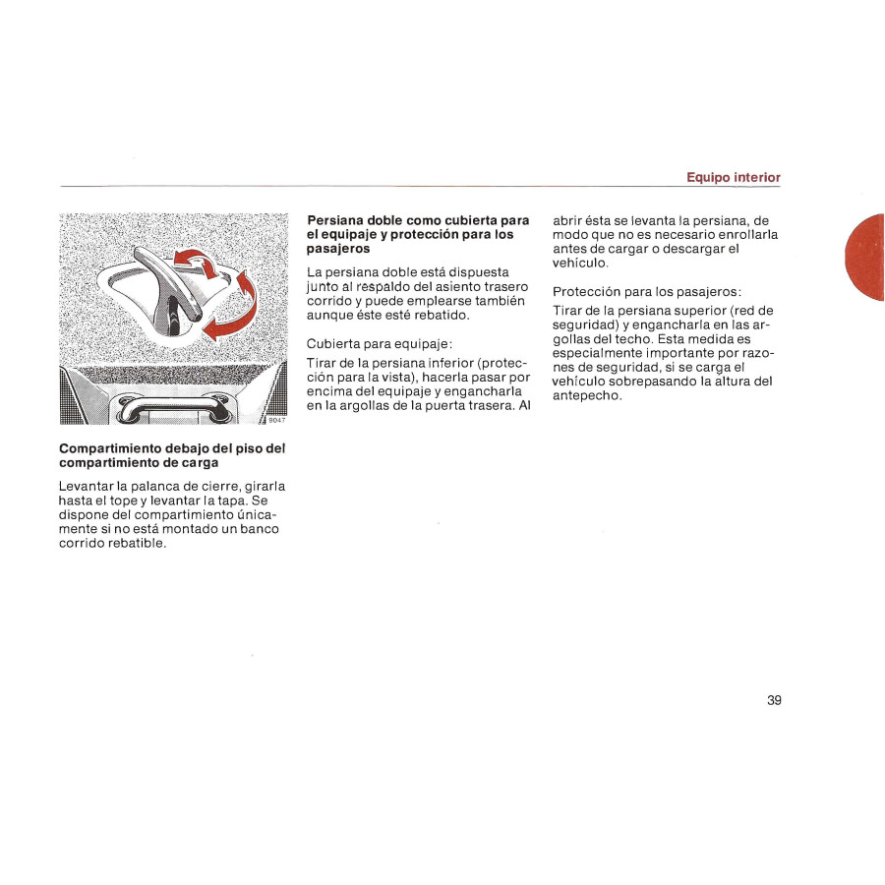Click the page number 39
(x=774, y=700)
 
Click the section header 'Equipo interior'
(x=733, y=177)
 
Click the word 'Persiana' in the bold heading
(x=336, y=220)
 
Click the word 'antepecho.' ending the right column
(x=588, y=395)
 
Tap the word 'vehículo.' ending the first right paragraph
(x=581, y=264)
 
